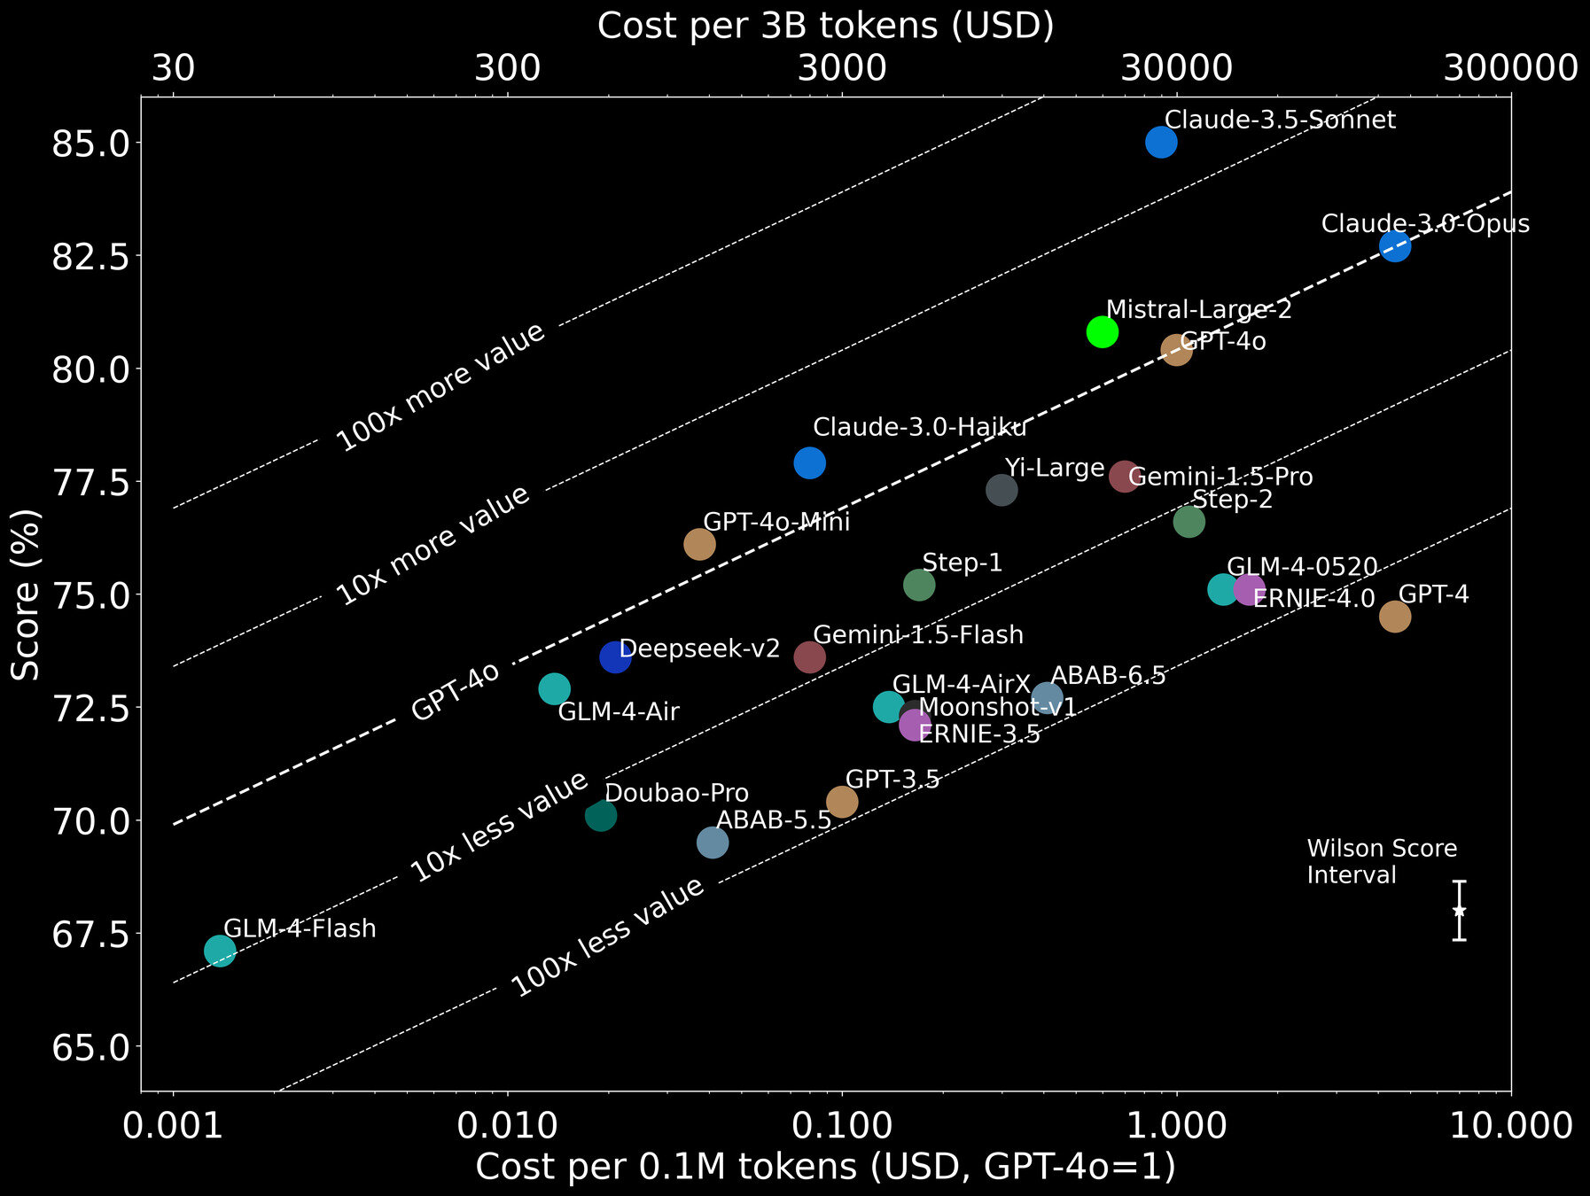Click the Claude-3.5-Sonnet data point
1161,142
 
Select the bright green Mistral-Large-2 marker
1102,331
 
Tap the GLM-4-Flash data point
220,951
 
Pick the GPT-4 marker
1395,617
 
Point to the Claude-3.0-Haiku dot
809,462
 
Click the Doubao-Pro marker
601,815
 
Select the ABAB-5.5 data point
713,842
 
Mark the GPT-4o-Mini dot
699,544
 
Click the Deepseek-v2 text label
699,648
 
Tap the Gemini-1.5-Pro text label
1220,477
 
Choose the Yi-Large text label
1055,468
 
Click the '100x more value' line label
440,388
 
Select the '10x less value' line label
500,827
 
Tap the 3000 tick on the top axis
842,67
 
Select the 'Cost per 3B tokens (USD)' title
825,26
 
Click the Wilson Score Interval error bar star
1459,911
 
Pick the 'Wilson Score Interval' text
1381,861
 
